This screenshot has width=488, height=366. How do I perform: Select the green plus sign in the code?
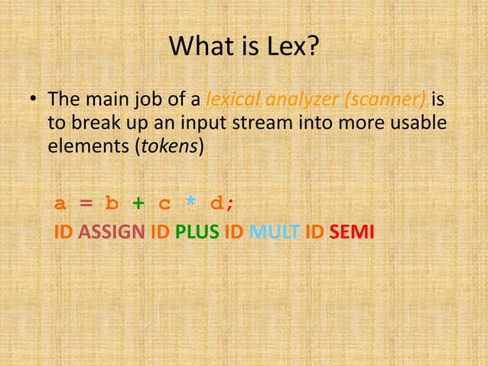pos(138,203)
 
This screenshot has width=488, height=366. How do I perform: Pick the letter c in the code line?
pos(164,204)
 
